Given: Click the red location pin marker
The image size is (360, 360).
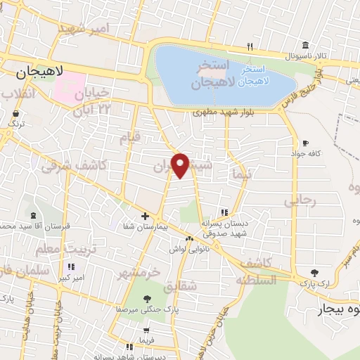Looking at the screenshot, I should (x=181, y=165).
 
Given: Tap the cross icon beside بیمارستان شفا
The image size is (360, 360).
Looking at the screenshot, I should (x=145, y=217).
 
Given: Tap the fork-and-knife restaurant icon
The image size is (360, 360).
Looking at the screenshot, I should (x=250, y=47).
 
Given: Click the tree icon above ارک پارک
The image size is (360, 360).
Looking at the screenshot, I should (x=314, y=273).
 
